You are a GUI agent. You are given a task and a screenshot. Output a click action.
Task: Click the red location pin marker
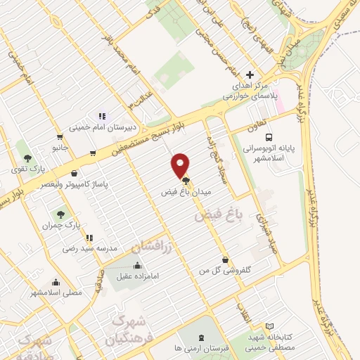[x=181, y=165]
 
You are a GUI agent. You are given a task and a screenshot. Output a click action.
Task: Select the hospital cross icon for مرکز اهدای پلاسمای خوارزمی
[x=250, y=75]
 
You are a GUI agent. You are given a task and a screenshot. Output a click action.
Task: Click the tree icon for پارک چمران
[x=60, y=213]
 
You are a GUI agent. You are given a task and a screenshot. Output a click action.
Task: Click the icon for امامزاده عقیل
[x=136, y=266]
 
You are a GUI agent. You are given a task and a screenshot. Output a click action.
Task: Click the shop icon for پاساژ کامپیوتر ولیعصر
[x=75, y=173]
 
